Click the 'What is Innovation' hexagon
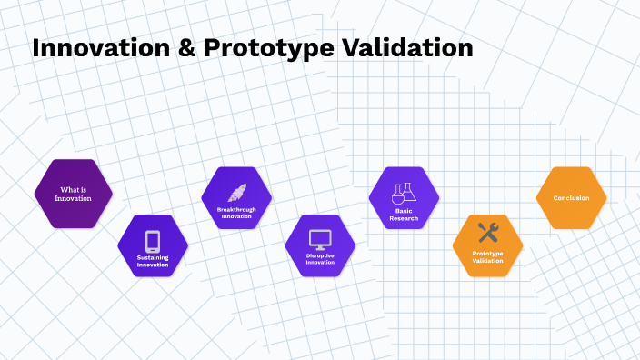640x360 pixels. point(73,194)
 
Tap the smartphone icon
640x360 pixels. point(153,241)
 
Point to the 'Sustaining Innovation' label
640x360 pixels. point(153,261)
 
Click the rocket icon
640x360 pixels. point(236,192)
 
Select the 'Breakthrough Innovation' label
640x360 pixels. point(236,213)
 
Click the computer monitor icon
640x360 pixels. point(320,239)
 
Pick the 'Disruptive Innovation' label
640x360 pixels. point(320,260)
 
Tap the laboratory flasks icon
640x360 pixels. point(403,193)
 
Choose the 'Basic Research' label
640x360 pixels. point(403,214)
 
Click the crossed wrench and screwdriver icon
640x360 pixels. point(487,233)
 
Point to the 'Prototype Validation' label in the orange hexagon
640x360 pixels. point(487,257)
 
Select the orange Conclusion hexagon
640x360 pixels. point(571,197)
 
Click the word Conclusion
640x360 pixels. point(571,197)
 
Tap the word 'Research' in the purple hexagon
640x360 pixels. point(403,218)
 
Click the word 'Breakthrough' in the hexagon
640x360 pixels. point(236,209)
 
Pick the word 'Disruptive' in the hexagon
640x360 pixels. point(320,256)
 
